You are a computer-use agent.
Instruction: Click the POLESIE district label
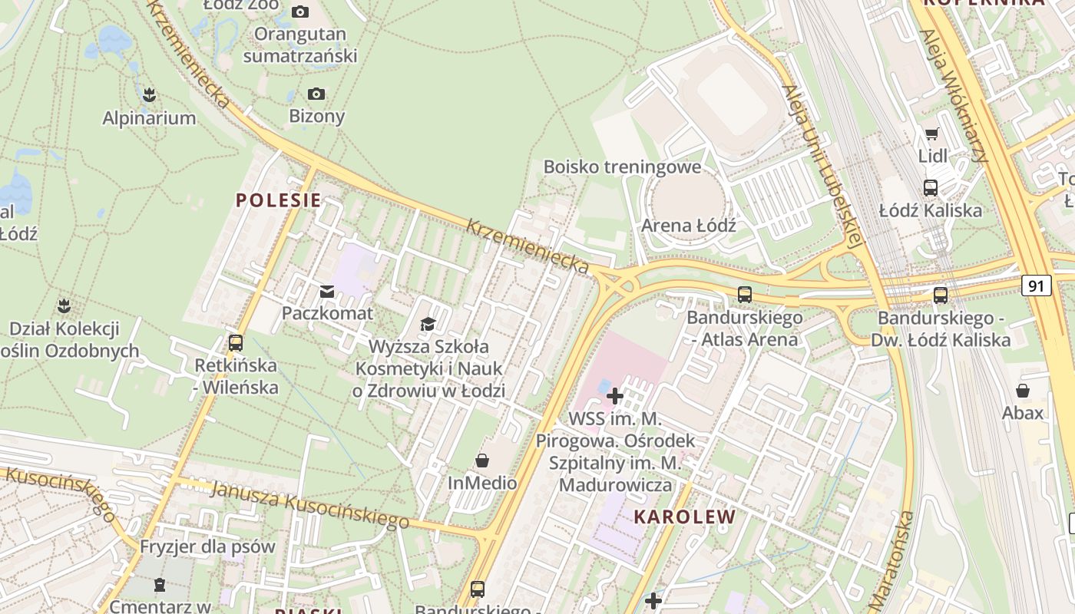tap(278, 201)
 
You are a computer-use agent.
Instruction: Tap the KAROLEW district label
tap(684, 517)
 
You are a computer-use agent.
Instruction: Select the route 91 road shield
tap(1037, 286)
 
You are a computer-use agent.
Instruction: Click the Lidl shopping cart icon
tap(932, 134)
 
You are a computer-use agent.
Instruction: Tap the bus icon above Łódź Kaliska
tap(931, 188)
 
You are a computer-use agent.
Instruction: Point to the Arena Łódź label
tap(689, 226)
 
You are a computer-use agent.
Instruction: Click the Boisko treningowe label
tap(622, 167)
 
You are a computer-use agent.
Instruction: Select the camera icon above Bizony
tap(316, 94)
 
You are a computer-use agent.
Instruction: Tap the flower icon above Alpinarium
tap(149, 95)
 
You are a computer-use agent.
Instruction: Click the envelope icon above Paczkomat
tap(327, 292)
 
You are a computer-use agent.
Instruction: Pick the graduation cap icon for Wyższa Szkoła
tap(428, 325)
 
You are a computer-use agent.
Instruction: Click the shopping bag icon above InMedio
tap(482, 461)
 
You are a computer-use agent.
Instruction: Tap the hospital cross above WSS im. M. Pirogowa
tap(615, 396)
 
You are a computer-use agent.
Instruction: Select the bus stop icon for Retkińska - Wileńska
tap(236, 343)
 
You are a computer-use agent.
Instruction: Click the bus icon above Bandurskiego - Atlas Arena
tap(744, 295)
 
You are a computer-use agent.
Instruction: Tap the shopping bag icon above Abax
tap(1023, 391)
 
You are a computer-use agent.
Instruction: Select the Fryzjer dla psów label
tap(207, 547)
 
